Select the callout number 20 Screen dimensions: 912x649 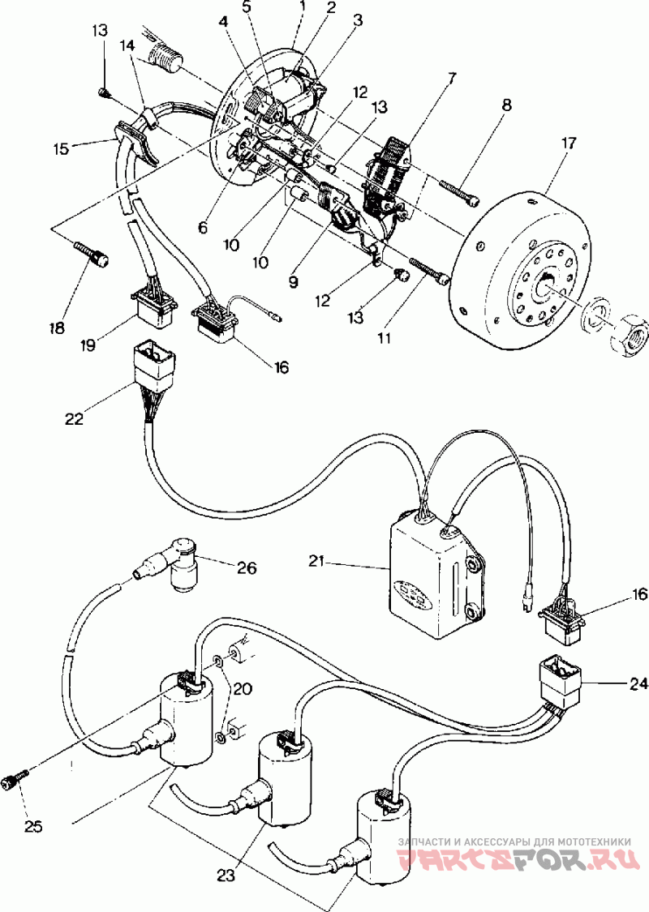click(242, 689)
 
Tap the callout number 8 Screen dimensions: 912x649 click(505, 105)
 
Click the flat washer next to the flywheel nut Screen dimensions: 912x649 click(599, 314)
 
